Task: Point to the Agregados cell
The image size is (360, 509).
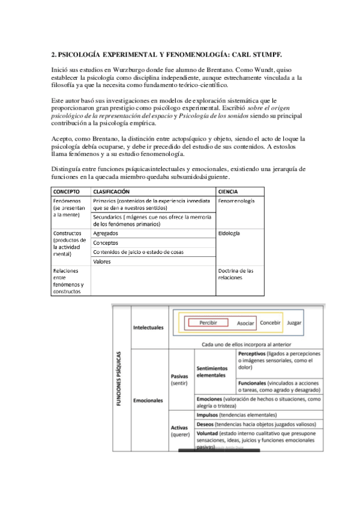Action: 106,233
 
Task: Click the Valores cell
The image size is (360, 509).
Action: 102,262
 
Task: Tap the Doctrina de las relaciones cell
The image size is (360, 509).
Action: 236,274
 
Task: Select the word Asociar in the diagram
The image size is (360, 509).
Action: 245,323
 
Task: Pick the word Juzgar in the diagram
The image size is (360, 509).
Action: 294,323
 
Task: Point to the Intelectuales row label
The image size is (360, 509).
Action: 148,328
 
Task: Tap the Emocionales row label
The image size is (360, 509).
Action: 148,400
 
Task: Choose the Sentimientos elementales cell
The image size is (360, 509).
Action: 212,372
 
